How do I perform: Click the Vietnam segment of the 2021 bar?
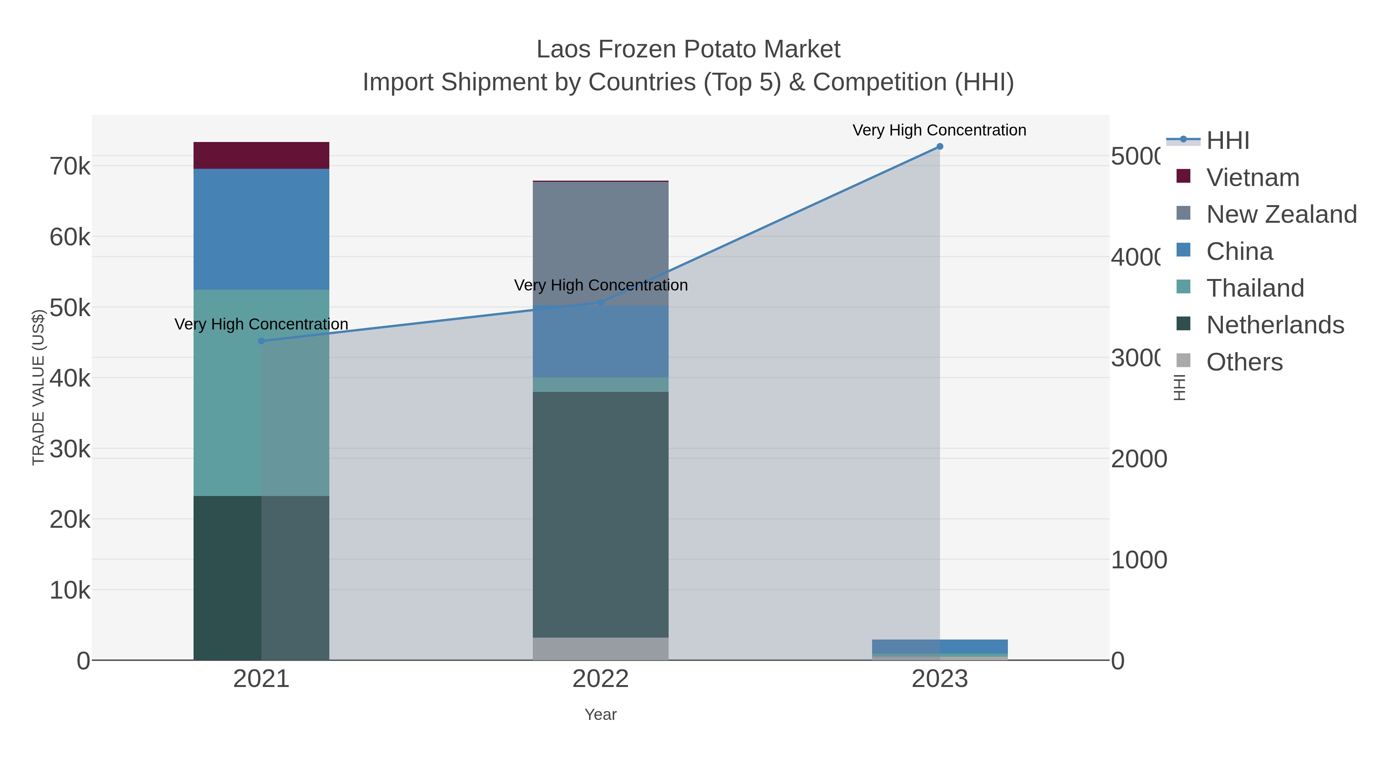261,155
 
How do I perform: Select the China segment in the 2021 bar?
261,229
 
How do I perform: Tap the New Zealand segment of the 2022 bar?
600,243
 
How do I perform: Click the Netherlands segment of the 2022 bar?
600,514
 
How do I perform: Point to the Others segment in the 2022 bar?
600,648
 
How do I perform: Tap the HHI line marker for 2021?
261,341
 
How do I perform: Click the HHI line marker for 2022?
600,303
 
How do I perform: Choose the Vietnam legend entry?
1252,178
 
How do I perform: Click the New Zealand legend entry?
1281,214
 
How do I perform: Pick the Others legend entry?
1244,362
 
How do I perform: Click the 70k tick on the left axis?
70,166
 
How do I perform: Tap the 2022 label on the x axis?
600,679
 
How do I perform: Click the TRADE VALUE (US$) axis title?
38,387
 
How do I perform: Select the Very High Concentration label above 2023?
939,130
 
